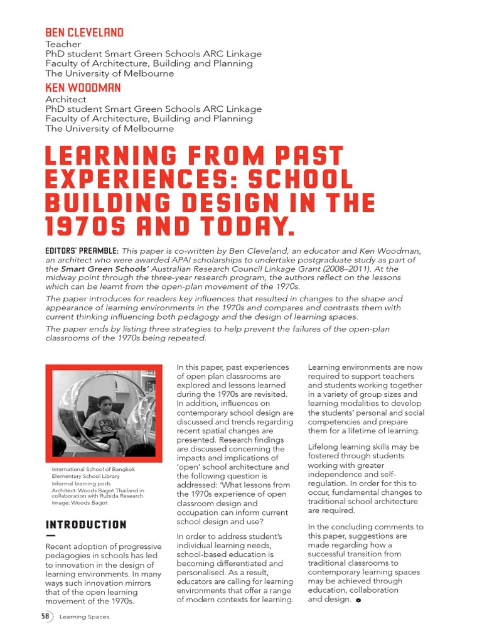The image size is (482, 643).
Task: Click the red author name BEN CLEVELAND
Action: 84,33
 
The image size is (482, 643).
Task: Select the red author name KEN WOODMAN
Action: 83,88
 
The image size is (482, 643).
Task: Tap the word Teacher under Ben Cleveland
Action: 63,45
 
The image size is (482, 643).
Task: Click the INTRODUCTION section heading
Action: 86,525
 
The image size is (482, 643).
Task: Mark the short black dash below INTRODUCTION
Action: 51,536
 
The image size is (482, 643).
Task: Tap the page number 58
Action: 45,617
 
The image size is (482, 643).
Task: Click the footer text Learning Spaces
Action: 84,617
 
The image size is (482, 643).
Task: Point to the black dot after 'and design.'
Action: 358,600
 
